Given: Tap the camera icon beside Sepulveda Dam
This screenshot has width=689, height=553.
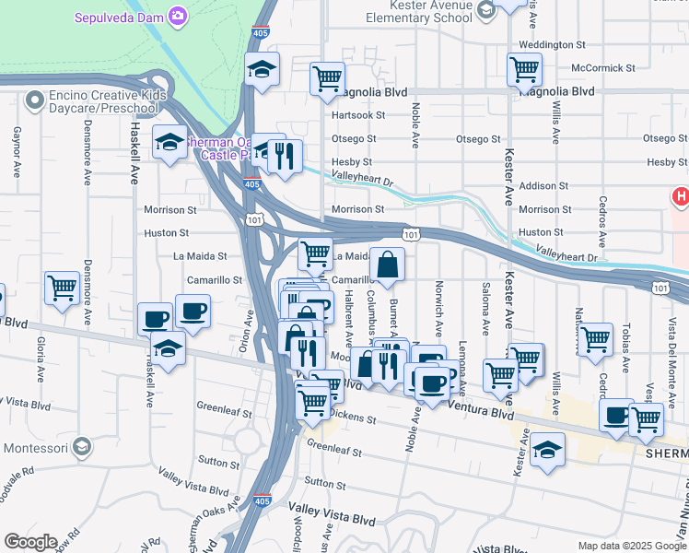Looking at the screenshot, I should pyautogui.click(x=177, y=16).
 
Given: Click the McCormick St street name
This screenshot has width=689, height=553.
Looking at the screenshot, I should pyautogui.click(x=603, y=68).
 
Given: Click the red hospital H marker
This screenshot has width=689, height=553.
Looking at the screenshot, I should pyautogui.click(x=681, y=196).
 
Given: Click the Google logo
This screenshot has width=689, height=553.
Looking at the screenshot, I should pyautogui.click(x=30, y=542).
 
